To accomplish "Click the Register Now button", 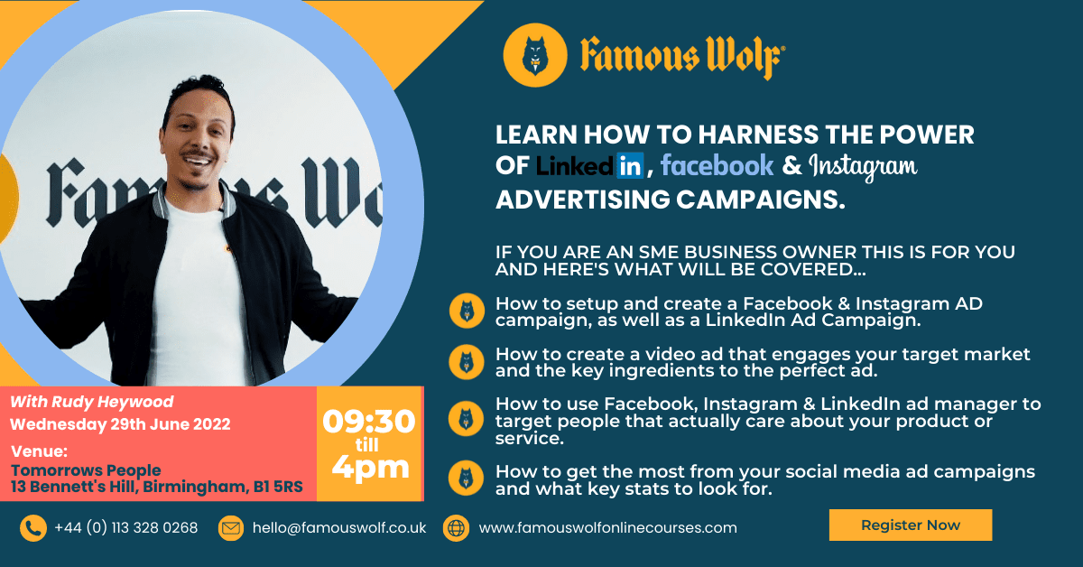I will point(910,525).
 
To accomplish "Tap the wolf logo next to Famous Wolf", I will point(535,55).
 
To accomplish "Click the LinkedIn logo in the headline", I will point(589,166).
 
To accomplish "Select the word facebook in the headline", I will point(717,165).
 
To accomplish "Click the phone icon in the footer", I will point(33,528).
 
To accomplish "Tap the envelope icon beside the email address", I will point(231,528).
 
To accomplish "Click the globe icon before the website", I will point(456,528).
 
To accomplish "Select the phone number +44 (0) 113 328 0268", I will point(125,528).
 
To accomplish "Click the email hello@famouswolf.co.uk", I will point(339,528).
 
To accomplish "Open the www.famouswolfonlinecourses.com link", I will point(607,528).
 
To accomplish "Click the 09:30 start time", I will point(369,422).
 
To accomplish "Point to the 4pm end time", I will point(369,467).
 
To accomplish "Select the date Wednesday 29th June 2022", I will point(120,424).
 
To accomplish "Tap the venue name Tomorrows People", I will point(86,470).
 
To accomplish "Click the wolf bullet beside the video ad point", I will point(467,362).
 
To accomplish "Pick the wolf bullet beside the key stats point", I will point(467,478).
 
